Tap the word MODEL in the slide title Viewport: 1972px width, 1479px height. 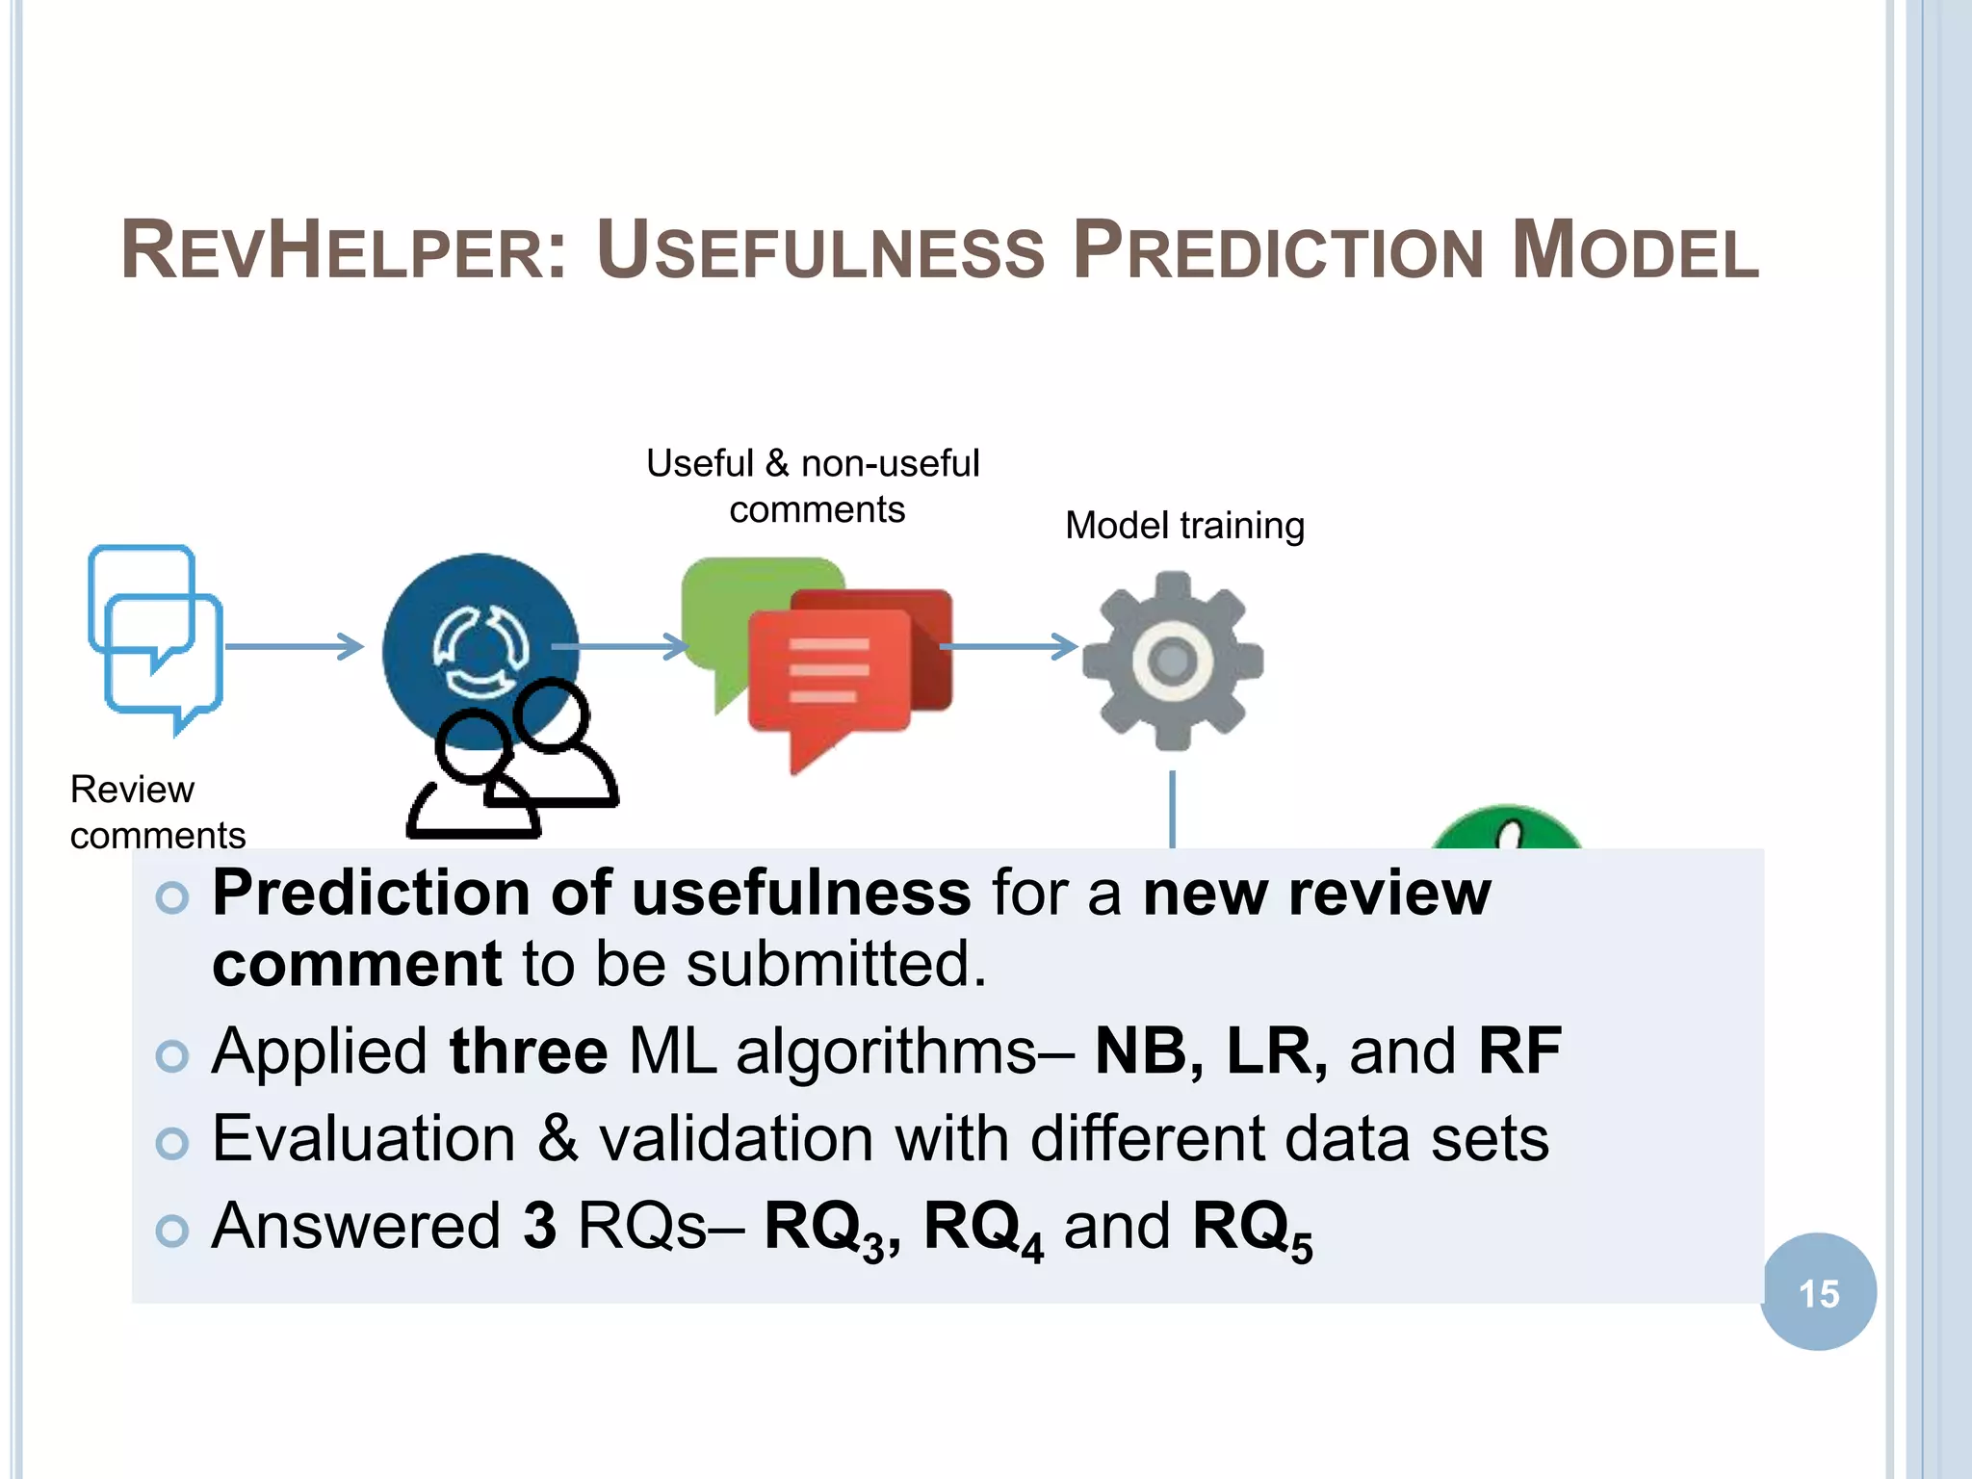(x=1635, y=252)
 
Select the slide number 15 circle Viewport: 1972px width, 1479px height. (x=1818, y=1292)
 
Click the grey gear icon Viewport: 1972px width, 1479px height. (x=1172, y=661)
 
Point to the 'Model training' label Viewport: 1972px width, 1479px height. (x=1184, y=526)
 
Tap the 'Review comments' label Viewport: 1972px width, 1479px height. (x=157, y=812)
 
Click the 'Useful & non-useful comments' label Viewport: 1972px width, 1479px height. (x=814, y=485)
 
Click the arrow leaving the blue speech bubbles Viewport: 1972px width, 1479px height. (x=294, y=645)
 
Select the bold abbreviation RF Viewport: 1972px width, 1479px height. (x=1518, y=1051)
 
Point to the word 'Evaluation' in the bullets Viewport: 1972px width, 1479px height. (x=363, y=1139)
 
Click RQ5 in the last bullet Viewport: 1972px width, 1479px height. (x=1251, y=1229)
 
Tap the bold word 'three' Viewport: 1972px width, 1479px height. (x=528, y=1051)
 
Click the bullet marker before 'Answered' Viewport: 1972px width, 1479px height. (x=172, y=1230)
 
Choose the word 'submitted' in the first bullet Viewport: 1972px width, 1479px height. (x=828, y=964)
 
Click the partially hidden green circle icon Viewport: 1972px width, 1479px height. (x=1505, y=828)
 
